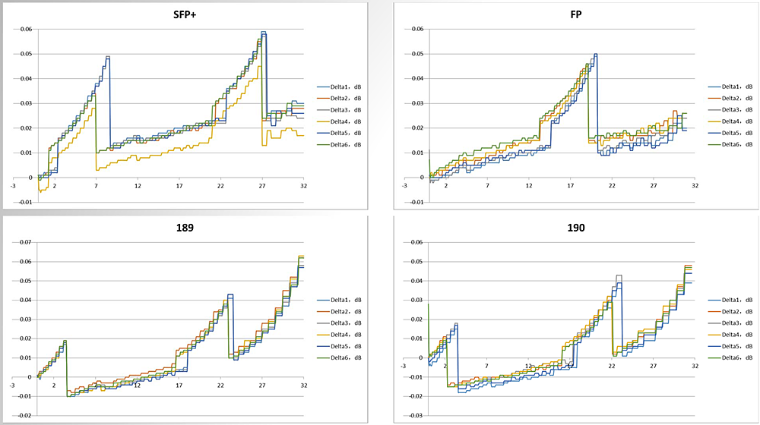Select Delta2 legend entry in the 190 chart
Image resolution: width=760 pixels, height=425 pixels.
pos(736,311)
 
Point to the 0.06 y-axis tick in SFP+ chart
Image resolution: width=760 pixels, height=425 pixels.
pos(26,30)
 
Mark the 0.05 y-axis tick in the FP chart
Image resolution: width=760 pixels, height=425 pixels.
pos(416,54)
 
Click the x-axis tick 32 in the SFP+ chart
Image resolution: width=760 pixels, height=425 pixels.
pos(303,185)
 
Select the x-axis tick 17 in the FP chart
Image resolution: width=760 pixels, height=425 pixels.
pos(571,185)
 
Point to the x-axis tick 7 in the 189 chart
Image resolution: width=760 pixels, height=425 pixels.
pos(96,385)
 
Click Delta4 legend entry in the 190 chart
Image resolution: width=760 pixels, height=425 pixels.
pos(736,335)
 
